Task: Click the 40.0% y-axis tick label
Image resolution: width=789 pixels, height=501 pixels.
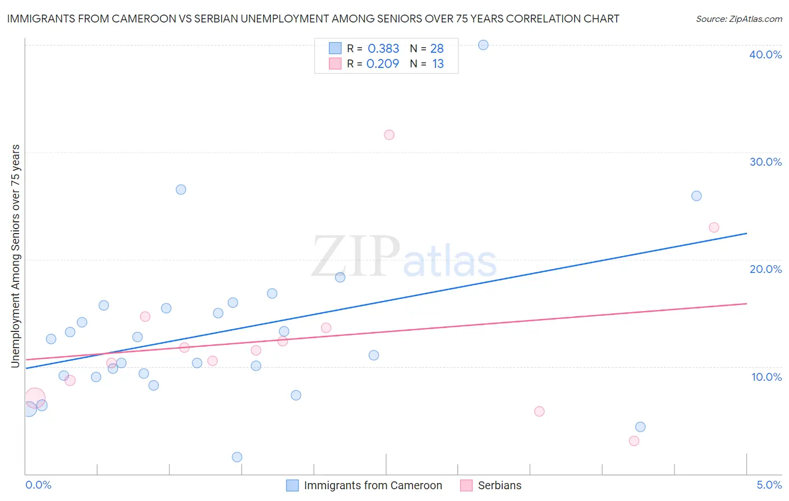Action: pyautogui.click(x=765, y=54)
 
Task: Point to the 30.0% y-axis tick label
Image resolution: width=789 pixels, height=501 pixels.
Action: pyautogui.click(x=765, y=162)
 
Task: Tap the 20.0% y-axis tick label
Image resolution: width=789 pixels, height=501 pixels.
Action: pyautogui.click(x=765, y=269)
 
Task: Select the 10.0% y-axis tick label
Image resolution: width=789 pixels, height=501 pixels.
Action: pyautogui.click(x=767, y=377)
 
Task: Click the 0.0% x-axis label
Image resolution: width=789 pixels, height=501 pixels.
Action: pyautogui.click(x=38, y=485)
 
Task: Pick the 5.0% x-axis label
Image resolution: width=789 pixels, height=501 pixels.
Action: pyautogui.click(x=769, y=485)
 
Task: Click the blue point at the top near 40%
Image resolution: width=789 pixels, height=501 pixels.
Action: pyautogui.click(x=483, y=45)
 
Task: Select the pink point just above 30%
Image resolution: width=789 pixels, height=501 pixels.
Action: pyautogui.click(x=389, y=135)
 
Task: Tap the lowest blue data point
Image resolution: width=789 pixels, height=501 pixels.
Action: pyautogui.click(x=237, y=457)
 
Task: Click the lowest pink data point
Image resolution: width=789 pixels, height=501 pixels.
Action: pyautogui.click(x=634, y=441)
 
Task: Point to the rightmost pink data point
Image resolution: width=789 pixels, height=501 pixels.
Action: pyautogui.click(x=714, y=227)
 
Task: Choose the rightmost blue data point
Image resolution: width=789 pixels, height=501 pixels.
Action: pyautogui.click(x=696, y=196)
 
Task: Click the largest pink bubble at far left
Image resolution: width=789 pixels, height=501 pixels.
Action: pyautogui.click(x=34, y=398)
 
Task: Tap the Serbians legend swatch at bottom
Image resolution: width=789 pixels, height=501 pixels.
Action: pyautogui.click(x=466, y=485)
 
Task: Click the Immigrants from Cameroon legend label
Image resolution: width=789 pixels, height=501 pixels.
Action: pyautogui.click(x=373, y=485)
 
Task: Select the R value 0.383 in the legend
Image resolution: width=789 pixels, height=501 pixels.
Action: pyautogui.click(x=383, y=48)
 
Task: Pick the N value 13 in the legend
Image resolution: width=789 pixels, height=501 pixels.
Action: pyautogui.click(x=438, y=64)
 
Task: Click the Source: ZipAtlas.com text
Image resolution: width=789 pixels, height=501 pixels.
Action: pyautogui.click(x=738, y=19)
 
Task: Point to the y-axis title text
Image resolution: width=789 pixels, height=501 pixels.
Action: pyautogui.click(x=15, y=256)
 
